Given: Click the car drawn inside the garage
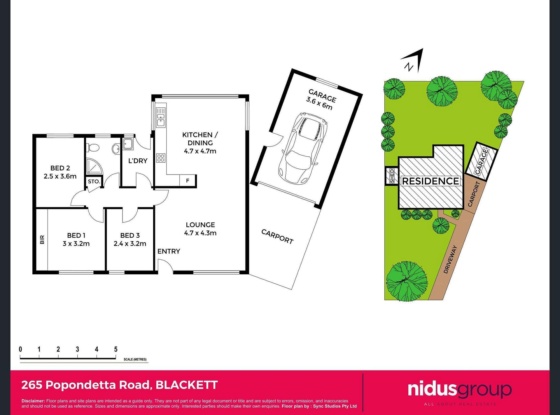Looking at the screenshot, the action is click(303, 149).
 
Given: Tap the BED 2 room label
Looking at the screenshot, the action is click(60, 168).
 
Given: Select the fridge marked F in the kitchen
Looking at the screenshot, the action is click(188, 181).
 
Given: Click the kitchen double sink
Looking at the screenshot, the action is click(161, 117).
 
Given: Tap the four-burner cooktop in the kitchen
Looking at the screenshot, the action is click(161, 158).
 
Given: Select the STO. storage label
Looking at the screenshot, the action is click(94, 182).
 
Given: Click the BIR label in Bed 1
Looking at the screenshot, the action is click(42, 240).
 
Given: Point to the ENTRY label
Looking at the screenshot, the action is click(169, 251).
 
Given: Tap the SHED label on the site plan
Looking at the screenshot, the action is click(392, 176).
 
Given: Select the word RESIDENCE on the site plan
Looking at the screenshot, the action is click(430, 181).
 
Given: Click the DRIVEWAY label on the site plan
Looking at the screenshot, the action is click(450, 259).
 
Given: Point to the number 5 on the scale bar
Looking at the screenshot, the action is click(116, 349).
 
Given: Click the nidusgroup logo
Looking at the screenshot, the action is click(460, 390).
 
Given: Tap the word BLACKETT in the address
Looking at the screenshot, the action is click(187, 385).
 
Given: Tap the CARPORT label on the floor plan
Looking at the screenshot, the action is click(277, 236).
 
